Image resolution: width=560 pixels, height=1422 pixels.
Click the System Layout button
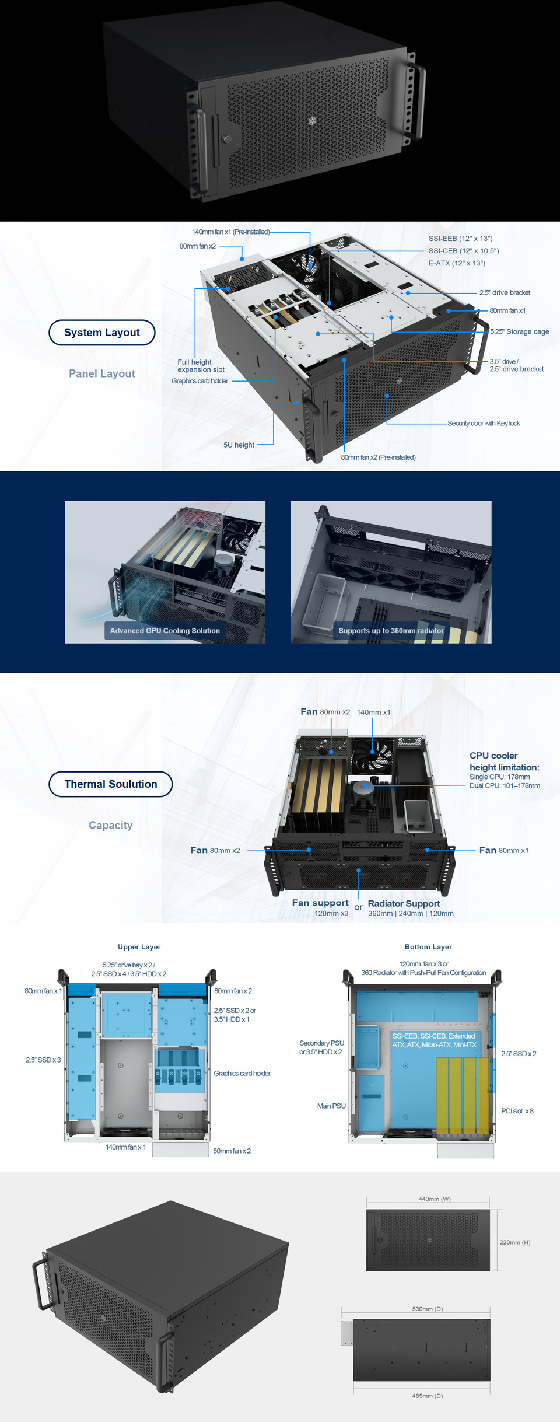[102, 333]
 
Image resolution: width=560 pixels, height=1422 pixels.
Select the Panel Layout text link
[102, 373]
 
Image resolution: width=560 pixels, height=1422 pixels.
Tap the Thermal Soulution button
[111, 784]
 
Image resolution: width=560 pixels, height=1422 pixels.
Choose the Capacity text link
[111, 825]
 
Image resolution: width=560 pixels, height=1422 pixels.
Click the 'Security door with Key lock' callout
[484, 424]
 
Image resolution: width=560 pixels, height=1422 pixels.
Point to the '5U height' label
[239, 445]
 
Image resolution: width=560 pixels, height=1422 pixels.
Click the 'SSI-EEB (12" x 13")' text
[460, 239]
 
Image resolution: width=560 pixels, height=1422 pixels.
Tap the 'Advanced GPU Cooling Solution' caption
[165, 631]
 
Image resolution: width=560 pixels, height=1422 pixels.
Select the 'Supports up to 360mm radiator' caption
[391, 631]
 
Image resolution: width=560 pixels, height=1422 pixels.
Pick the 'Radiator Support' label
[404, 903]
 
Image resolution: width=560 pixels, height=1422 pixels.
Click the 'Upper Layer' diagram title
[139, 947]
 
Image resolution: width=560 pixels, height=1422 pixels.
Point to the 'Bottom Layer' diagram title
[428, 947]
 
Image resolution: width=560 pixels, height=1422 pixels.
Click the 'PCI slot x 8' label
[517, 1111]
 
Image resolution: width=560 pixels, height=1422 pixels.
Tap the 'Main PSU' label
[331, 1106]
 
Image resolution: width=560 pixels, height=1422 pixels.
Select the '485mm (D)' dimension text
[427, 1396]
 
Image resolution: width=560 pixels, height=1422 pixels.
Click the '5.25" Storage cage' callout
[519, 331]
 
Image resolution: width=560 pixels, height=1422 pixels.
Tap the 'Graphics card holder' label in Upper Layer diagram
[242, 1074]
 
